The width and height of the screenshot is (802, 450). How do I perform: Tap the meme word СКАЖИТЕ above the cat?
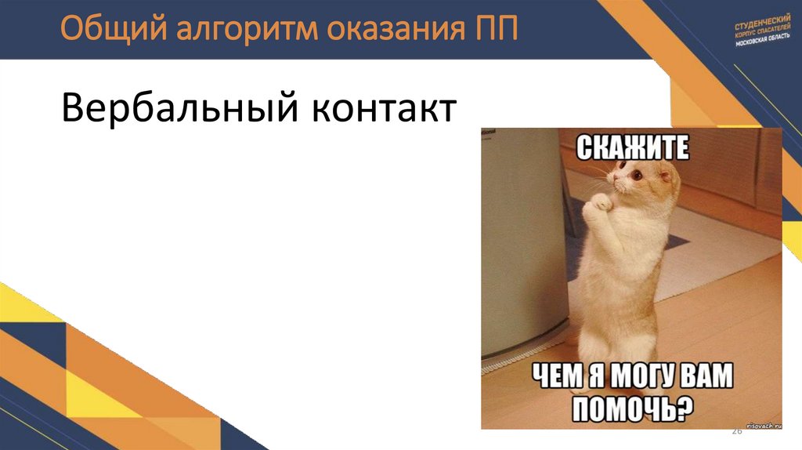coord(632,146)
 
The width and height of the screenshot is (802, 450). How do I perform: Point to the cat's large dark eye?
coord(635,176)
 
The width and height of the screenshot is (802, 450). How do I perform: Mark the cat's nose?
coord(616,183)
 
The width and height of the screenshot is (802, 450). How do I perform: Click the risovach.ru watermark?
coord(759,424)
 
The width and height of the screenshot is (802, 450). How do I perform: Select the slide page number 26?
coord(736,432)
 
